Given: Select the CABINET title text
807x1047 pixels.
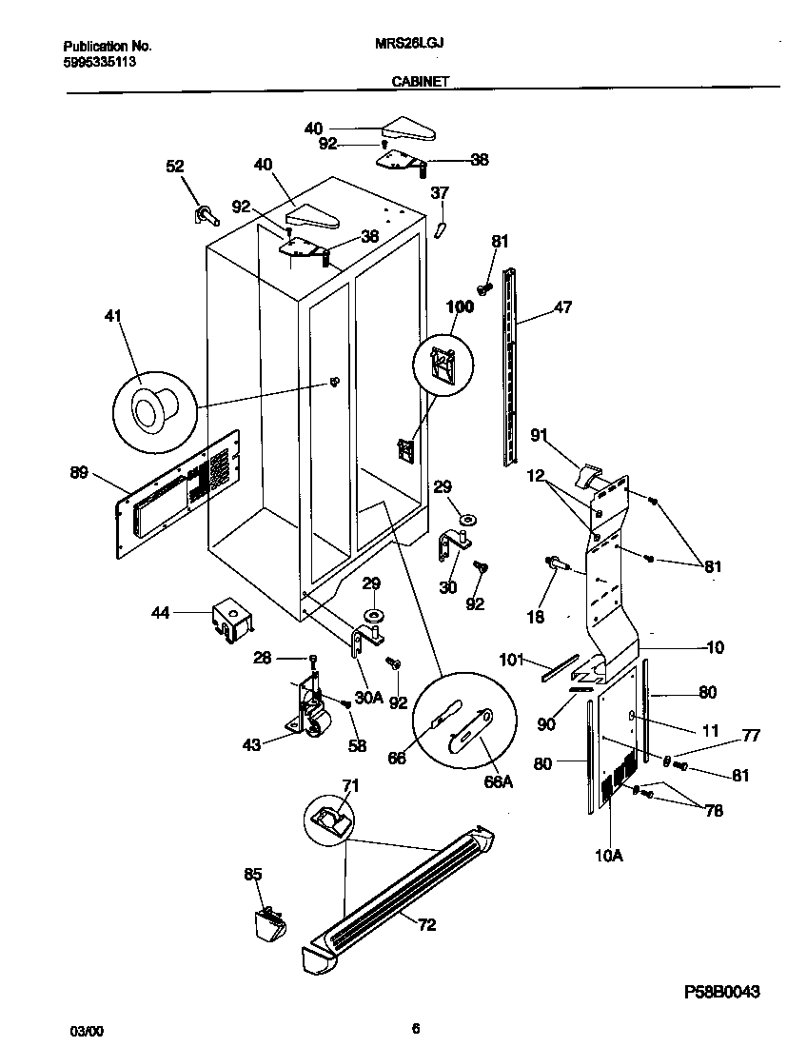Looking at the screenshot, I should (421, 83).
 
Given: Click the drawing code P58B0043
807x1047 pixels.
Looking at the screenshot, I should (722, 992).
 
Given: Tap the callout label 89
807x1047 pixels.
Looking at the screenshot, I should (80, 471).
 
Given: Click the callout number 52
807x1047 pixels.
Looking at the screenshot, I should (174, 166).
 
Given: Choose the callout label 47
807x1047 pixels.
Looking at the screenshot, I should (563, 308).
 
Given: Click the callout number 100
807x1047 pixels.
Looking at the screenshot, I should (461, 306).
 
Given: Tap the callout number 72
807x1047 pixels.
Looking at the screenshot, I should (427, 924).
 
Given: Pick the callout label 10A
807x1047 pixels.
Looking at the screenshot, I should (608, 855).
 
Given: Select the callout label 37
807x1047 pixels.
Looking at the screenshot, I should (439, 194).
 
